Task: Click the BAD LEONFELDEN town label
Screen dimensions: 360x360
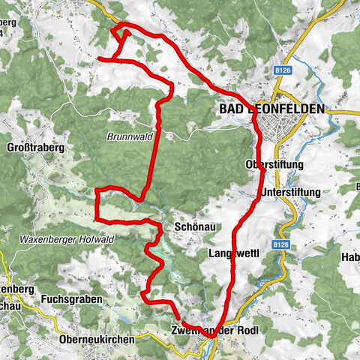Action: click(x=271, y=109)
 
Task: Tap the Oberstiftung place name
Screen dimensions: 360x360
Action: click(x=274, y=163)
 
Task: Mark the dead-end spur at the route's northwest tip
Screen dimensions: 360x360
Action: click(x=100, y=58)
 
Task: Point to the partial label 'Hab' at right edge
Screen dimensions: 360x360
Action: click(x=350, y=258)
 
